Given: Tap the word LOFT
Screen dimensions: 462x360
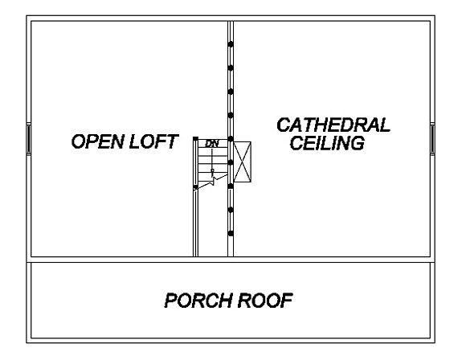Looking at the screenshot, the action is (x=153, y=141).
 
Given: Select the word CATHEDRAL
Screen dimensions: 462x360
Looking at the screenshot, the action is (x=333, y=125).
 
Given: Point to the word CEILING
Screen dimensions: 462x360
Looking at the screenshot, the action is (x=327, y=143).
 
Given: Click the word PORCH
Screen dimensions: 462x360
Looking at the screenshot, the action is (x=198, y=301).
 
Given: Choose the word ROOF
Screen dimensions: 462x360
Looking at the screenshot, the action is (x=265, y=301).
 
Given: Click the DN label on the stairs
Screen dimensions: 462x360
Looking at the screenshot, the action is (x=212, y=144).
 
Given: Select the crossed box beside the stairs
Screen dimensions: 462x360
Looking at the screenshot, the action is (x=242, y=162).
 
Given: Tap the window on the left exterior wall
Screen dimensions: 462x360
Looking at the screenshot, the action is (x=29, y=139).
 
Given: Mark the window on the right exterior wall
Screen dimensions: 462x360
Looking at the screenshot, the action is (x=432, y=139).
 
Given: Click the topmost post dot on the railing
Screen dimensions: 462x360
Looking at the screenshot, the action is (x=231, y=44).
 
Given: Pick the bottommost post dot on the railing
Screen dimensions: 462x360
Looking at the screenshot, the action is (x=231, y=234).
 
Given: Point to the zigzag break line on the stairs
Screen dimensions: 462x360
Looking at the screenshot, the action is (x=211, y=182).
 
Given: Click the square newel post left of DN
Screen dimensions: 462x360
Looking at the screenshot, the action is (x=195, y=138).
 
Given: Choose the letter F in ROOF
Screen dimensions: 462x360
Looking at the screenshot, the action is (x=287, y=301).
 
